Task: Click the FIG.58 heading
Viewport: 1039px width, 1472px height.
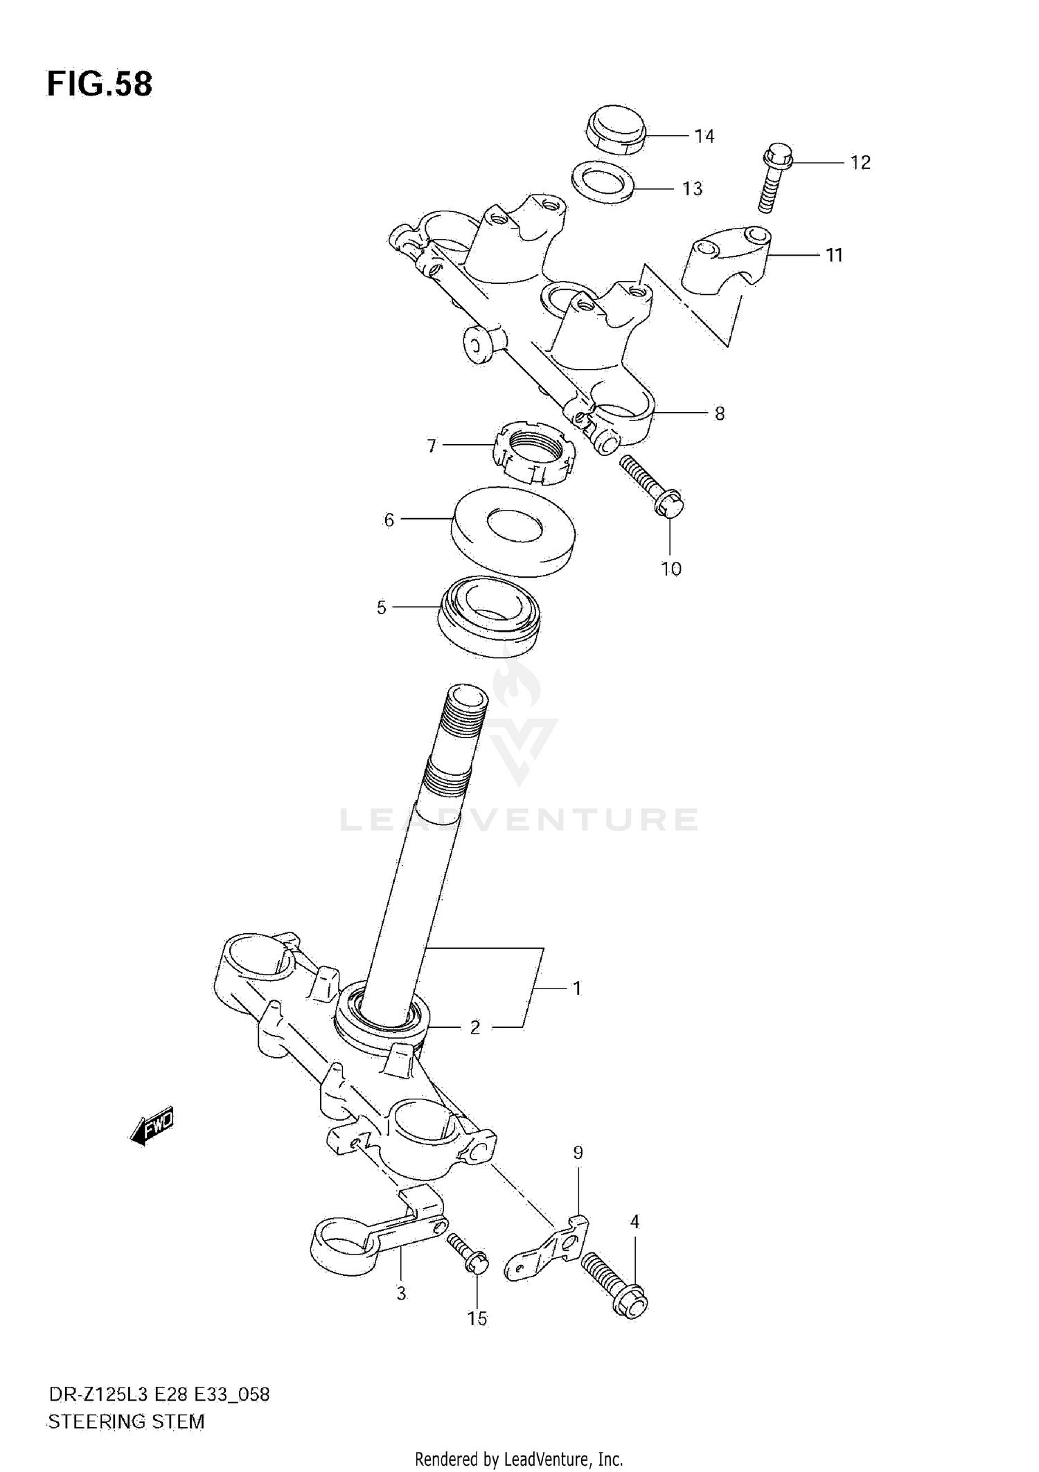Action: (x=99, y=85)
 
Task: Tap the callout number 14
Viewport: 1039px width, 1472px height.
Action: (x=704, y=136)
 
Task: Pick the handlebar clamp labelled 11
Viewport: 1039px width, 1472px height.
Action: (x=727, y=263)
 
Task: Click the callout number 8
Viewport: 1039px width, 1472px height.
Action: (x=719, y=414)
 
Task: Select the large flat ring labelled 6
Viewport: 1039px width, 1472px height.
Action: (x=513, y=532)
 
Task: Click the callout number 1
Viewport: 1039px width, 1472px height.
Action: (x=576, y=988)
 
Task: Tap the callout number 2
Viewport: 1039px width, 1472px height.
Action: (x=474, y=1028)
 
